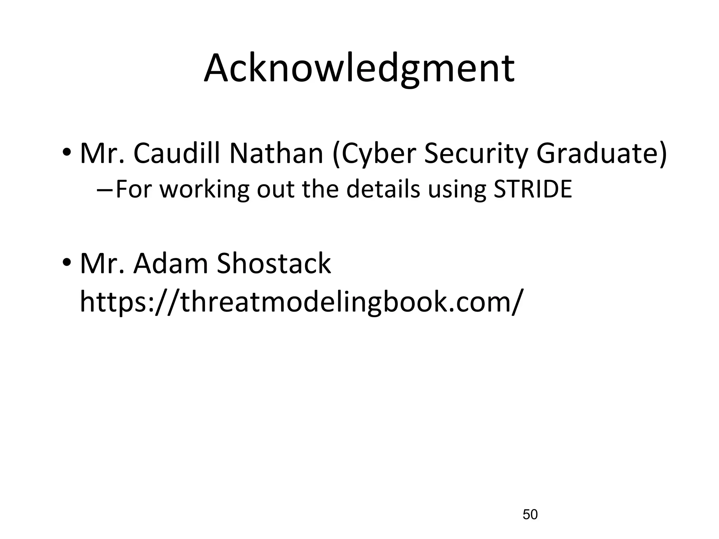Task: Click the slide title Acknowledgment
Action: (x=359, y=69)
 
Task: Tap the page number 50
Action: (x=530, y=514)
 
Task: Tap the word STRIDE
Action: (x=533, y=189)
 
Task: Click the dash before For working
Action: (x=104, y=190)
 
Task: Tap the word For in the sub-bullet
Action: (x=135, y=189)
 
